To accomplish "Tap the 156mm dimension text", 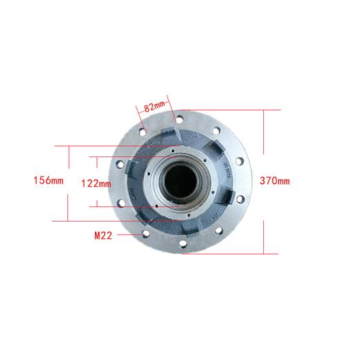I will (48, 181).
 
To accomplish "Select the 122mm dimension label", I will (96, 183).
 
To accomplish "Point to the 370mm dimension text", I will (274, 181).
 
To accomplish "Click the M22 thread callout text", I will (105, 235).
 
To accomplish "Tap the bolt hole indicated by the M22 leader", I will (144, 235).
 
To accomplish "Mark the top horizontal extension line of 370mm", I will (228, 109).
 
